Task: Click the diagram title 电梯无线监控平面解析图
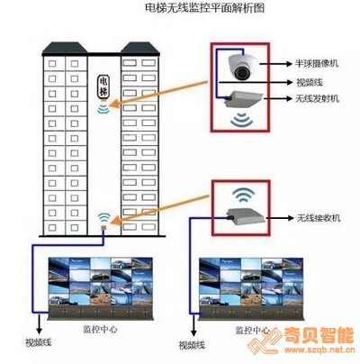click(x=204, y=8)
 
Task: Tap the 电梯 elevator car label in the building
click(x=103, y=86)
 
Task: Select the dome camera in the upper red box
click(x=242, y=67)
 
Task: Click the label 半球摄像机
click(x=317, y=64)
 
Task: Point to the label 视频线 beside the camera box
click(x=310, y=82)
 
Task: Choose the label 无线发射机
click(x=318, y=98)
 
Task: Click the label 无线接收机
click(x=319, y=218)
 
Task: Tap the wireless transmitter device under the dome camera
click(x=244, y=98)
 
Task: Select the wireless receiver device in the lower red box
click(x=246, y=216)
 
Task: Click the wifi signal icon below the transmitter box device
click(x=242, y=120)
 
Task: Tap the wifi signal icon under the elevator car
click(x=103, y=109)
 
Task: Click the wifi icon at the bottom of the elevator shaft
click(x=103, y=217)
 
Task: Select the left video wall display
click(x=101, y=289)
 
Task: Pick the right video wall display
click(x=251, y=289)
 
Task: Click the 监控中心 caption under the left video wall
click(x=100, y=329)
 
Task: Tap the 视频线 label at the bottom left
click(x=38, y=342)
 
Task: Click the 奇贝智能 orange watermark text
click(x=319, y=335)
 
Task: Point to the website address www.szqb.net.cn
click(x=319, y=350)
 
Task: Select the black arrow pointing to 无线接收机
click(x=280, y=218)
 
